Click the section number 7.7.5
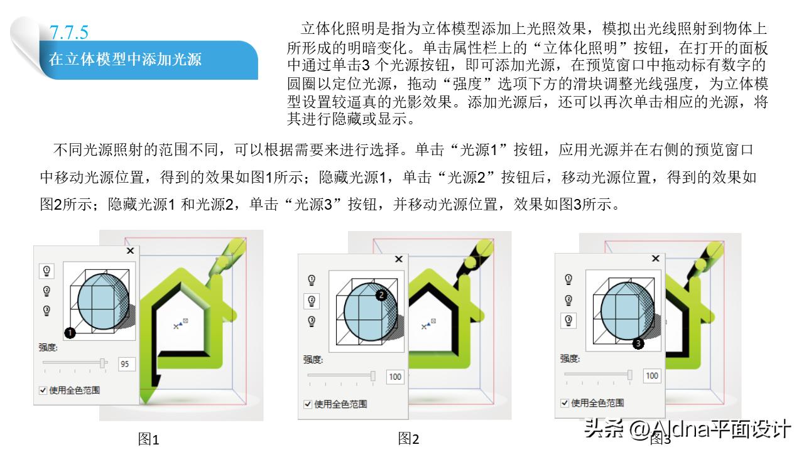pyautogui.click(x=69, y=31)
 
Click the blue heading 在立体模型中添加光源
pyautogui.click(x=125, y=60)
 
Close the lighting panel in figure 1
pyautogui.click(x=130, y=250)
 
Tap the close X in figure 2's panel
pyautogui.click(x=398, y=259)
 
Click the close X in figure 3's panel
pyautogui.click(x=656, y=258)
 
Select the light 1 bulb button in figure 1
pyautogui.click(x=46, y=271)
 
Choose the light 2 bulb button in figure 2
pyautogui.click(x=312, y=301)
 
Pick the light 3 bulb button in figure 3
pyautogui.click(x=569, y=320)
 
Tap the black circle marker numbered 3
pyautogui.click(x=638, y=343)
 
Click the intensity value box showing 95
pyautogui.click(x=124, y=363)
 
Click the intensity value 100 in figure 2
pyautogui.click(x=395, y=377)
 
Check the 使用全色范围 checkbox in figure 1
pyautogui.click(x=43, y=390)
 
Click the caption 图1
pyautogui.click(x=149, y=439)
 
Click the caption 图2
pyautogui.click(x=408, y=438)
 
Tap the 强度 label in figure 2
pyautogui.click(x=313, y=359)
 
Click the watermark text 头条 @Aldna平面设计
pyautogui.click(x=687, y=429)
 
